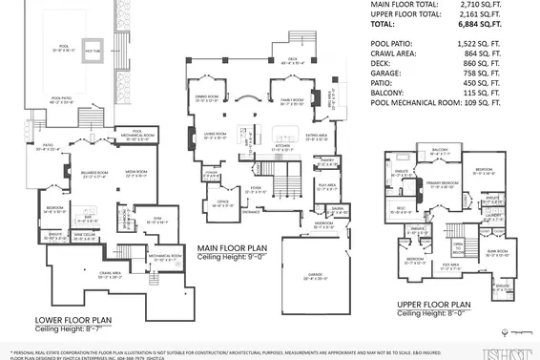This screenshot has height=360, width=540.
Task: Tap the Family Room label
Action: point(290,97)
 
